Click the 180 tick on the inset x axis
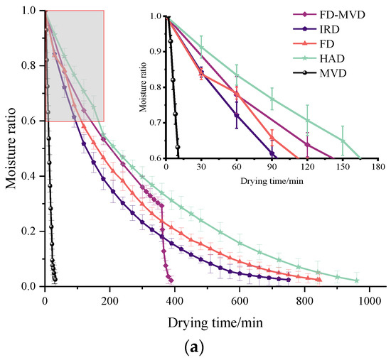(377, 168)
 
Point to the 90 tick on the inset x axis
(272, 168)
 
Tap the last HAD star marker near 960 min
(357, 280)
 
